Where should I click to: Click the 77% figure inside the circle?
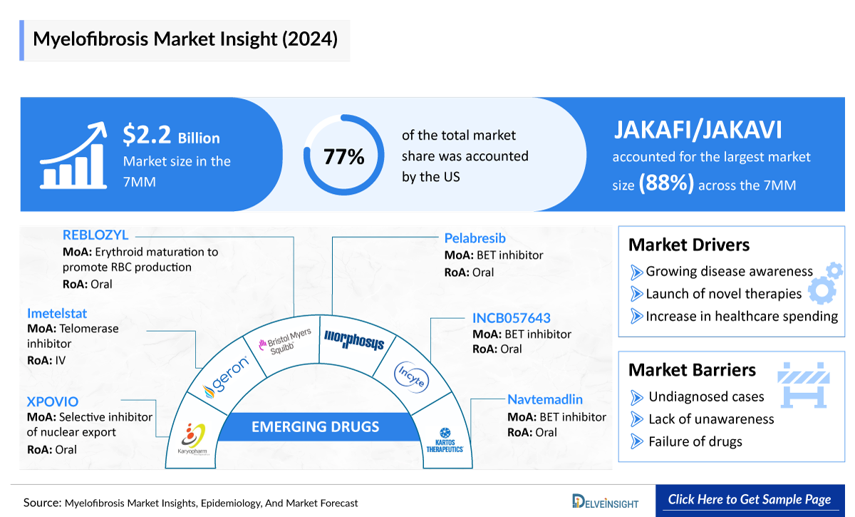coord(344,157)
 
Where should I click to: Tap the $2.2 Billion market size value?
coord(171,135)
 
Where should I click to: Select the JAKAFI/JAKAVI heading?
coord(697,130)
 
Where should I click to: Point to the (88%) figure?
coord(666,184)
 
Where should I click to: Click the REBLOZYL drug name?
coord(95,235)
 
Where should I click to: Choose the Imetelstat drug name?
coord(57,313)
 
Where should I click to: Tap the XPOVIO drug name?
coord(53,401)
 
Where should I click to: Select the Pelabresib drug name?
coord(475,238)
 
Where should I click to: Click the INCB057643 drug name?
coord(511,317)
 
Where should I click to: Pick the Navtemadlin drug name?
coord(545,399)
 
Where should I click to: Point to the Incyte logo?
coord(413,375)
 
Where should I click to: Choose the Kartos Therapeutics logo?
coord(445,440)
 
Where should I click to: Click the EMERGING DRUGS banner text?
coord(315,428)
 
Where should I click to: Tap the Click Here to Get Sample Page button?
coord(749,499)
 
